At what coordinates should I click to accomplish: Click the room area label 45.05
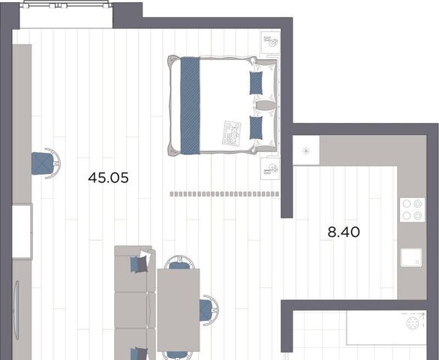tap(108, 178)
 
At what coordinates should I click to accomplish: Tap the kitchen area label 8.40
tap(344, 232)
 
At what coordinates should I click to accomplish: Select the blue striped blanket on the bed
tap(190, 106)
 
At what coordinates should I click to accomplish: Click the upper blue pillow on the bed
tap(256, 82)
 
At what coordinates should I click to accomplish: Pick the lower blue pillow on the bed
tap(256, 127)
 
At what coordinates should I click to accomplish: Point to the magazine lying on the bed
tap(232, 133)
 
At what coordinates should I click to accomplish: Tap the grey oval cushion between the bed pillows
tap(266, 106)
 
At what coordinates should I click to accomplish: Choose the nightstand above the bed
tap(270, 42)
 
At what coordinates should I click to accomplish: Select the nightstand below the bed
tap(270, 169)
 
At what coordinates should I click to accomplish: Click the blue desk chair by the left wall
tap(46, 163)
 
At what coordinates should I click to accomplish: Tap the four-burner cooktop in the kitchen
tap(412, 210)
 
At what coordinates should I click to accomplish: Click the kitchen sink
tap(411, 257)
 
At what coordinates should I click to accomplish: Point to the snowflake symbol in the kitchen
tap(306, 151)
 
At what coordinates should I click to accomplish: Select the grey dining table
tap(179, 310)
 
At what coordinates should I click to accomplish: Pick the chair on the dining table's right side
tap(209, 310)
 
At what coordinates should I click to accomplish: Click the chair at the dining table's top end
tap(179, 262)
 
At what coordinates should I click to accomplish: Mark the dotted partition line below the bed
tap(224, 193)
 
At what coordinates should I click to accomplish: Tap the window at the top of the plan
tap(66, 4)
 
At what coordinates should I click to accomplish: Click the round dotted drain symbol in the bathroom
tap(413, 324)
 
